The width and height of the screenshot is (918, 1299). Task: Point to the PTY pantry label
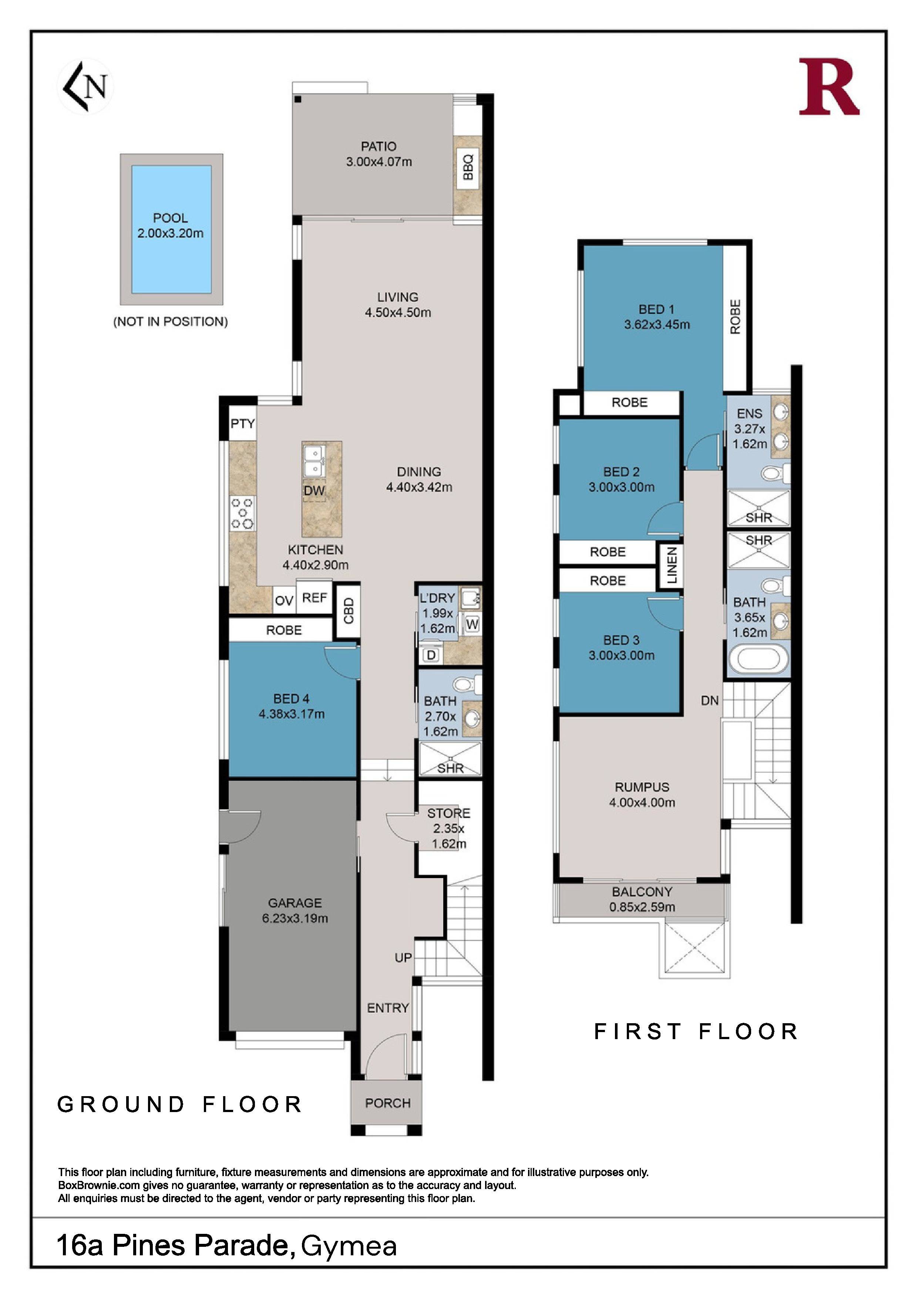tap(243, 423)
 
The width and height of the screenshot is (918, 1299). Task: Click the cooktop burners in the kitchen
tap(242, 513)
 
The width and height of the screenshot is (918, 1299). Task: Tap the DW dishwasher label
tap(315, 491)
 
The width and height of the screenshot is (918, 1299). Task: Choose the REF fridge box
tap(315, 597)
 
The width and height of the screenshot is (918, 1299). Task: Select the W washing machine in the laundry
tap(472, 625)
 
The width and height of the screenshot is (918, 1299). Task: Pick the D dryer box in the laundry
tap(431, 655)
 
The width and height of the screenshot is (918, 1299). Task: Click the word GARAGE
tap(295, 903)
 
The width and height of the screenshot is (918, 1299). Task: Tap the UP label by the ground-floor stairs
tap(403, 958)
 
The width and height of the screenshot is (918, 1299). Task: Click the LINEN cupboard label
tap(672, 566)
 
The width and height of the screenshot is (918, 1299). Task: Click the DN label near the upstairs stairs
tap(710, 700)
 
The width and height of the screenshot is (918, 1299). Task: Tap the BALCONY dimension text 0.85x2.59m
tap(642, 907)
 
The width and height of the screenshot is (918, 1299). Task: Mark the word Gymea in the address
tap(349, 1246)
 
